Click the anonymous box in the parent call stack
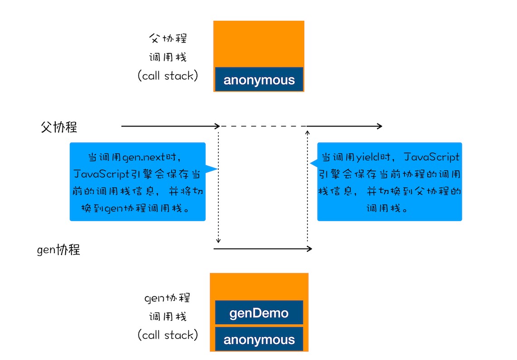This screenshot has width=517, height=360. [x=259, y=80]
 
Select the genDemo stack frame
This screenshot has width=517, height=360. [x=259, y=313]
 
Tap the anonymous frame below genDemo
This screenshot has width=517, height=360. [x=259, y=340]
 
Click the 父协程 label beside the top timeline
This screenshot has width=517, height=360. [x=59, y=127]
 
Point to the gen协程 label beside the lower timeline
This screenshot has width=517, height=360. [x=58, y=250]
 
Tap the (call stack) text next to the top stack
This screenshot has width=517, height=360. [x=168, y=76]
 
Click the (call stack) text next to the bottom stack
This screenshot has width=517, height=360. [x=168, y=335]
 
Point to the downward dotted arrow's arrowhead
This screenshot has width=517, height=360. [x=219, y=241]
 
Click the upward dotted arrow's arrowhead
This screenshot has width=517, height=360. [x=307, y=132]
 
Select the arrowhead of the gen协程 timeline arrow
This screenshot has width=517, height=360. [x=310, y=249]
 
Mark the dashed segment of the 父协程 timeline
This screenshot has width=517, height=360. [x=263, y=126]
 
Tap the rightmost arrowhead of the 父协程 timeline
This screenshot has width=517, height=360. [x=380, y=126]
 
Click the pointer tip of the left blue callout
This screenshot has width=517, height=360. [x=217, y=169]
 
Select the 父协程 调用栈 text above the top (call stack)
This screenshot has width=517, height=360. [x=168, y=48]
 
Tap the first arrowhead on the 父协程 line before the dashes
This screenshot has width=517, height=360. [x=218, y=126]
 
